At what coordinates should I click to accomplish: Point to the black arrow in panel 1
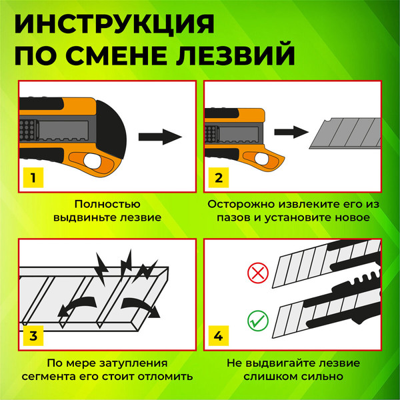click(160, 137)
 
